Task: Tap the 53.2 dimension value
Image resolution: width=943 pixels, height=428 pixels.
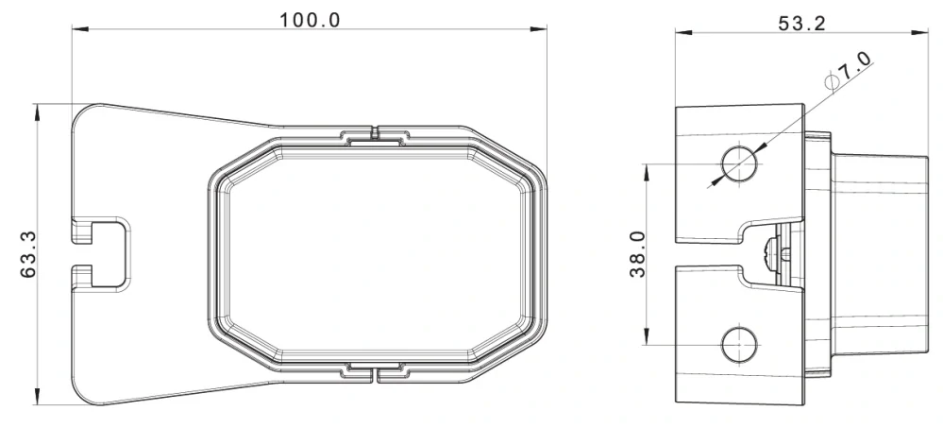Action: [800, 23]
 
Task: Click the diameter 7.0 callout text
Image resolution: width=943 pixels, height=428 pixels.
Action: [854, 69]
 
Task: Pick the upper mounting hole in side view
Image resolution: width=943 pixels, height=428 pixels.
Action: [739, 163]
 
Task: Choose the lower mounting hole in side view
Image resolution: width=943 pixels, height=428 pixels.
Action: [739, 344]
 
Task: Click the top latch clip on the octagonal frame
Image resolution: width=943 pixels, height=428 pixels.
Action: [375, 135]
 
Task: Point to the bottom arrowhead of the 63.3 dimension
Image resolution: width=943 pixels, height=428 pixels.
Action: [38, 399]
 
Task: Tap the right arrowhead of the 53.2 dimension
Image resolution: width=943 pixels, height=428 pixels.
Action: [918, 33]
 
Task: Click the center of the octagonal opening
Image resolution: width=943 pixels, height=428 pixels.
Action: [375, 254]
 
